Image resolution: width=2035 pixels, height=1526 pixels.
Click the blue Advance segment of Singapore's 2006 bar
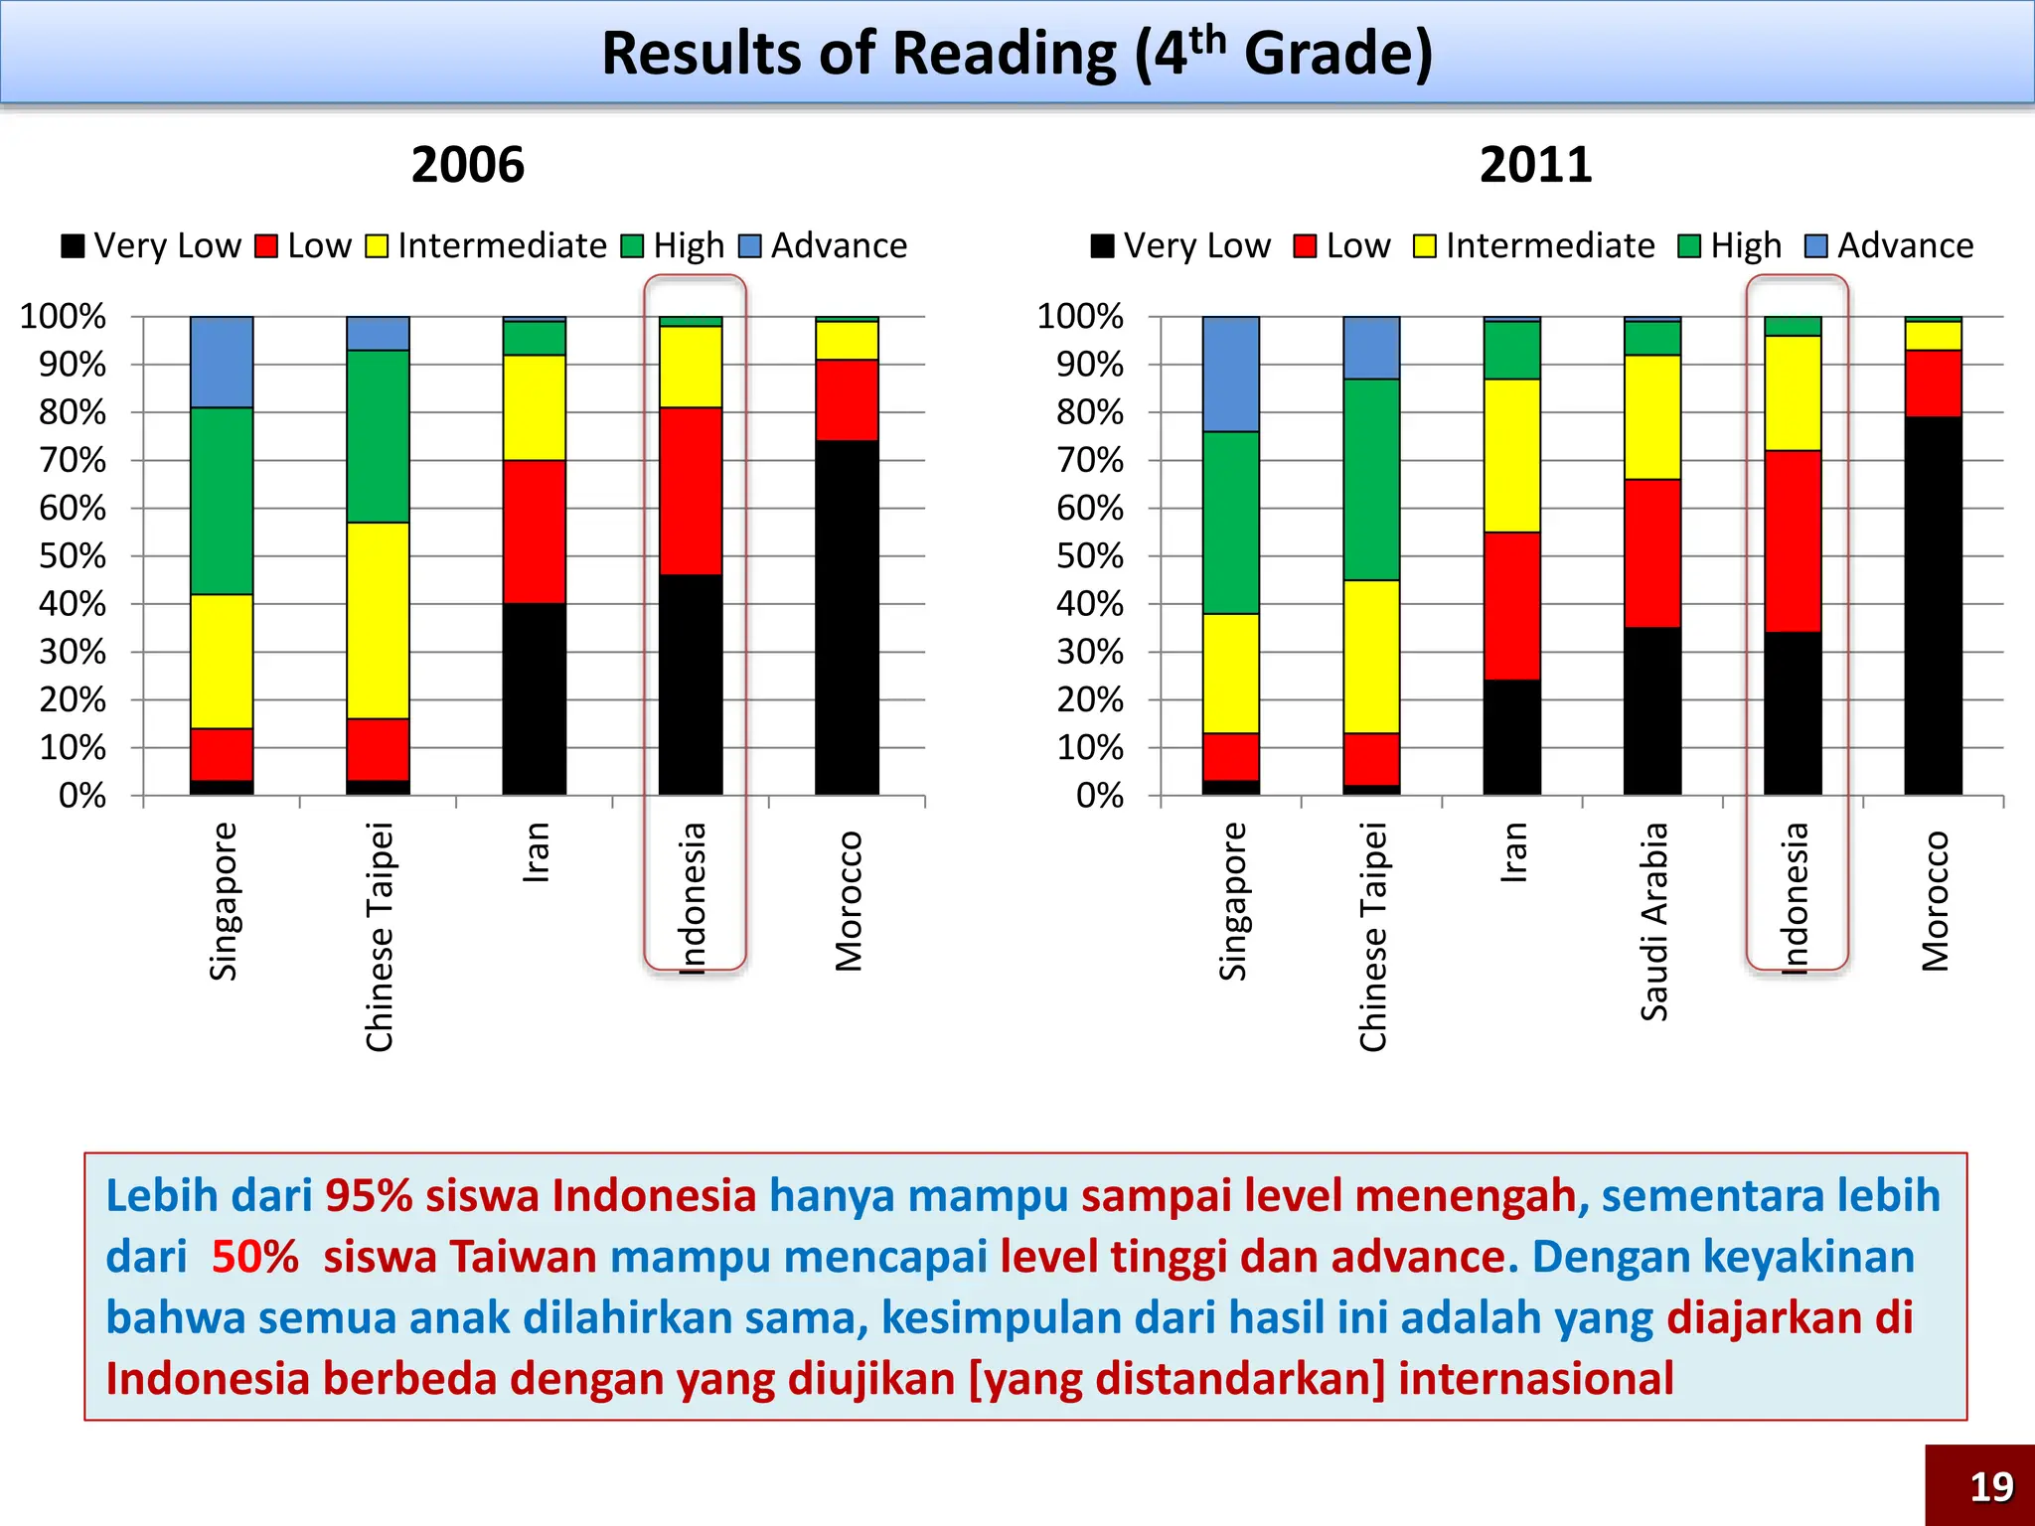pyautogui.click(x=222, y=362)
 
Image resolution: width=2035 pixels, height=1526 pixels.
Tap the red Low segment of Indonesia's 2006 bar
pyautogui.click(x=691, y=491)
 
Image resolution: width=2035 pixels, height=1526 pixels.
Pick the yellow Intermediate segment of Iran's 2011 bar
pyautogui.click(x=1511, y=455)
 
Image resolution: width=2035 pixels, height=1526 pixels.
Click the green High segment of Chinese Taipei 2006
pyautogui.click(x=378, y=436)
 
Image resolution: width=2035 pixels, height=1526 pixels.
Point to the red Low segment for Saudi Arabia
pyautogui.click(x=1652, y=552)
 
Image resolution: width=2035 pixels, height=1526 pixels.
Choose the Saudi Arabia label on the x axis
pyautogui.click(x=1653, y=921)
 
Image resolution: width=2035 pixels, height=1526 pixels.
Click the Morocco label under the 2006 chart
pyautogui.click(x=849, y=900)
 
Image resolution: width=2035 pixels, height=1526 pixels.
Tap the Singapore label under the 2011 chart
pyautogui.click(x=1231, y=901)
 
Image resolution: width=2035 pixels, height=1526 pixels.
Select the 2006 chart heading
pyautogui.click(x=467, y=165)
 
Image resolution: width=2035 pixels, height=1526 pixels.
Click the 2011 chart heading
pyautogui.click(x=1535, y=165)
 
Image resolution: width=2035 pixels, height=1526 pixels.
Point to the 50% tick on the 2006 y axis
pyautogui.click(x=73, y=555)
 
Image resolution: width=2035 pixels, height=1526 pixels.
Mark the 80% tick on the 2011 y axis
pyautogui.click(x=1090, y=412)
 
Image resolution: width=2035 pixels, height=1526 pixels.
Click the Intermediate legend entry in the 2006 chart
pyautogui.click(x=487, y=245)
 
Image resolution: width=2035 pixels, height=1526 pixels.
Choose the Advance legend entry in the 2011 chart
pyautogui.click(x=1890, y=245)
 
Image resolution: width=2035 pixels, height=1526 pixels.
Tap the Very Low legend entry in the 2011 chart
pyautogui.click(x=1181, y=245)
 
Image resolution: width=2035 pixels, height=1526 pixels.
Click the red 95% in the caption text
pyautogui.click(x=368, y=1195)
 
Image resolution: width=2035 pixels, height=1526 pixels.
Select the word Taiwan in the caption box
pyautogui.click(x=524, y=1257)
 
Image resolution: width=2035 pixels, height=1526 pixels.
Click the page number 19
pyautogui.click(x=1991, y=1486)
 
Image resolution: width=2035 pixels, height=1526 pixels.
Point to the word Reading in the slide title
pyautogui.click(x=1005, y=54)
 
